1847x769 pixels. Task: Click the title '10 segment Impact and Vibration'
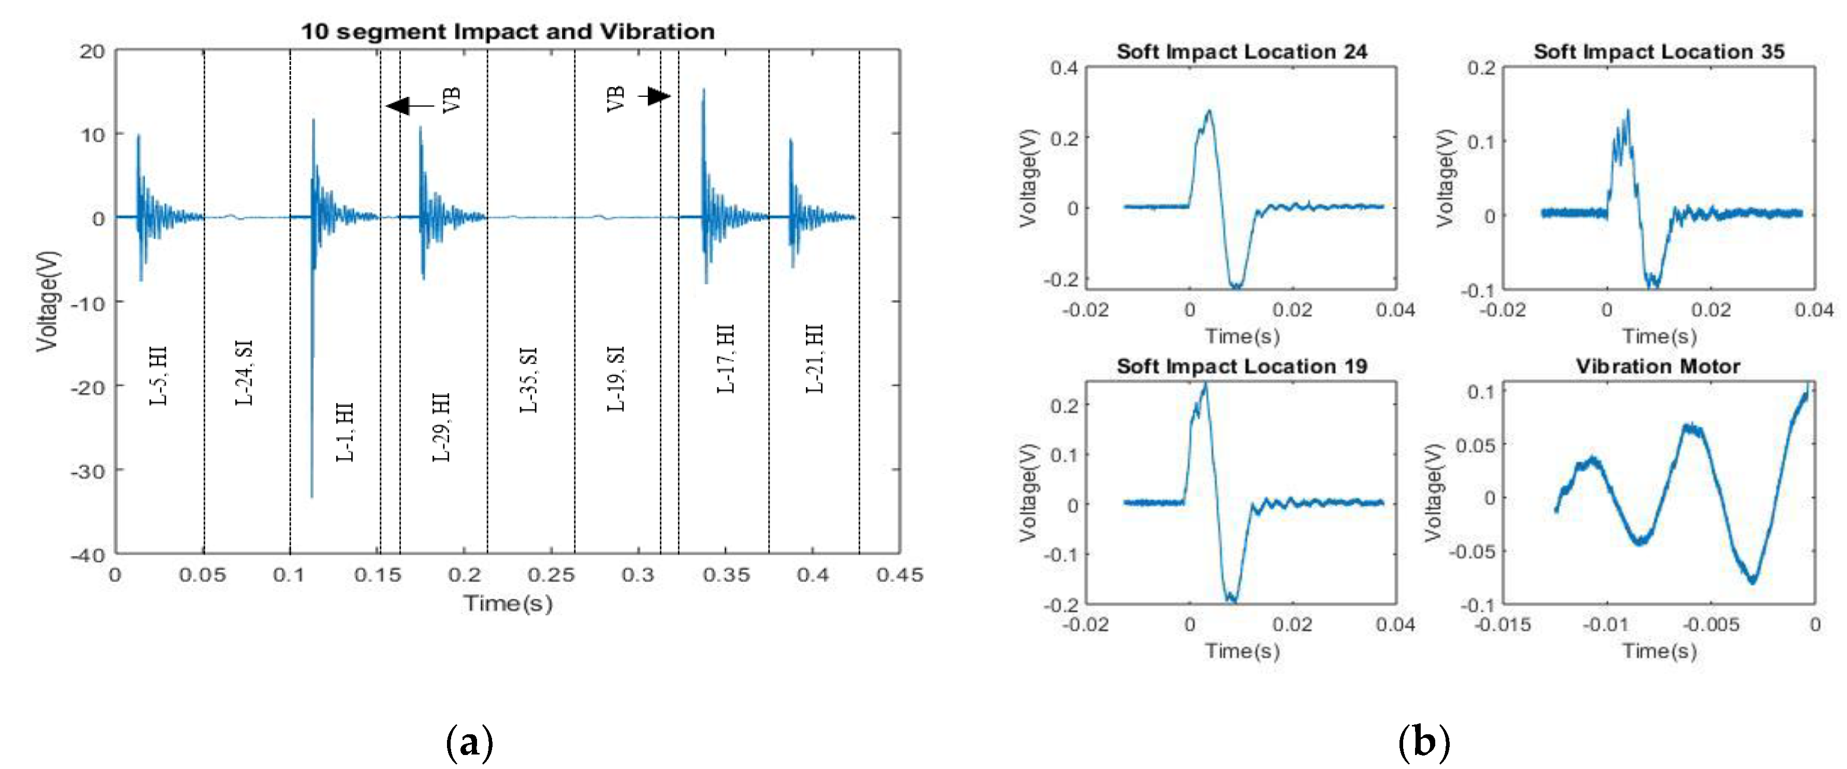pos(507,32)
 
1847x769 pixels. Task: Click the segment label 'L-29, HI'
pos(441,427)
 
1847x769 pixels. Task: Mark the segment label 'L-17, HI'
pos(726,358)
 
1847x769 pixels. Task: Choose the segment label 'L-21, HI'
pos(815,358)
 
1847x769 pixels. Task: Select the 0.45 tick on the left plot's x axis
pos(900,575)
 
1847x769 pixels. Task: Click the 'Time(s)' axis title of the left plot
pos(508,603)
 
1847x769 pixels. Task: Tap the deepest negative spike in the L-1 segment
pos(312,495)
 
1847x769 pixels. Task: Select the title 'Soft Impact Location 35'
pos(1658,52)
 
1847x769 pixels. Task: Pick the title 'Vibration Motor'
pos(1658,366)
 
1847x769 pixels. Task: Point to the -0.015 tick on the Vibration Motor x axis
pos(1503,625)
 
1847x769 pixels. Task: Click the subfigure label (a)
pos(470,743)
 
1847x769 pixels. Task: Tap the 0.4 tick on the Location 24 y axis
pos(1064,68)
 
